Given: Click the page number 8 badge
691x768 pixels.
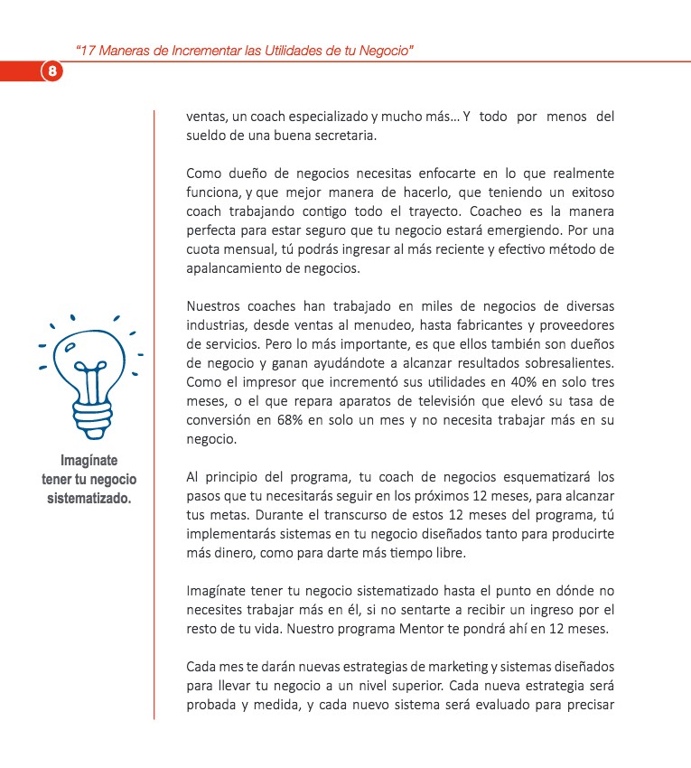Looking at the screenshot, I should [52, 70].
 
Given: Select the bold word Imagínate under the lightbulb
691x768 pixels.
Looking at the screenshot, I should [89, 460].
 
